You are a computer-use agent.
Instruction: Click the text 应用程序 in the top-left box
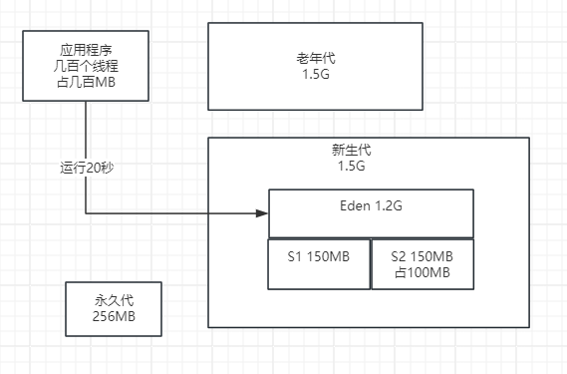point(87,48)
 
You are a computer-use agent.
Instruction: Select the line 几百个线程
point(87,65)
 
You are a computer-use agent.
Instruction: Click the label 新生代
point(352,150)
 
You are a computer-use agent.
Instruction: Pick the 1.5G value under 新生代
point(352,167)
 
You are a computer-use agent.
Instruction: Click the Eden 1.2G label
point(370,205)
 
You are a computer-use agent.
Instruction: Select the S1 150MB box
point(318,263)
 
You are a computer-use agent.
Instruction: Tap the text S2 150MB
point(423,256)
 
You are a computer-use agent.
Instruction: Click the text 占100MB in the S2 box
point(423,272)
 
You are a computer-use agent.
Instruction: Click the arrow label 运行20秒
point(87,168)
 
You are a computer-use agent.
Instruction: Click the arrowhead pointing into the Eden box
point(263,212)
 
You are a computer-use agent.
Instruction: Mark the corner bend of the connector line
point(87,212)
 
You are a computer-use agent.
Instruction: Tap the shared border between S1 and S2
point(370,263)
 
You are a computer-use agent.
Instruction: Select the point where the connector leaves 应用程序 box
point(87,100)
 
